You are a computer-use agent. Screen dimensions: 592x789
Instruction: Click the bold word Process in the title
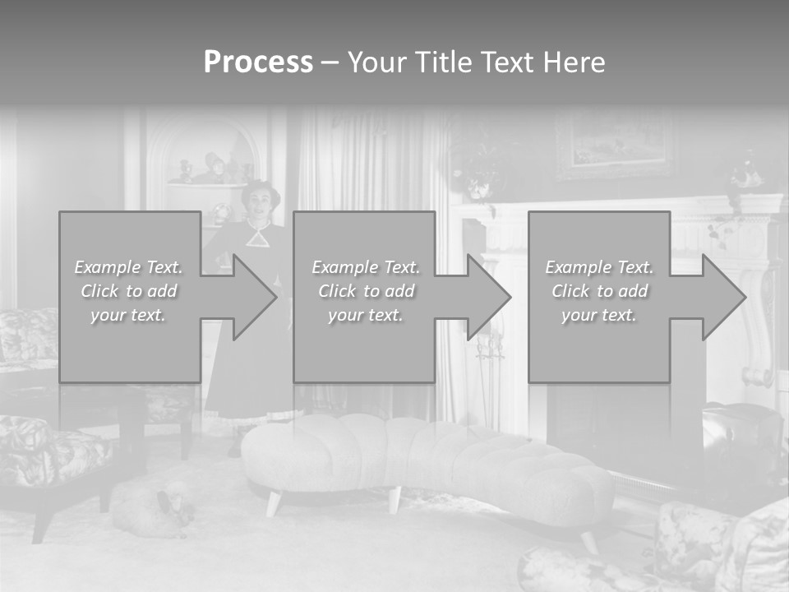point(258,62)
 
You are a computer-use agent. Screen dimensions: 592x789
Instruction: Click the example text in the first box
point(128,291)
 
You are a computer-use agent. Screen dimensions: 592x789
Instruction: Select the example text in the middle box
point(365,291)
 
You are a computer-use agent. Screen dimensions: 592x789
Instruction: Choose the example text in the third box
point(599,291)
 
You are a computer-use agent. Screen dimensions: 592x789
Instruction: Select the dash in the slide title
point(330,62)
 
